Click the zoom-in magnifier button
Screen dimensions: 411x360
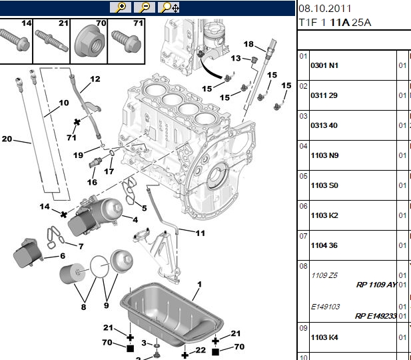pyautogui.click(x=121, y=7)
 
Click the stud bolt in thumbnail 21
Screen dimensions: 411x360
pyautogui.click(x=52, y=41)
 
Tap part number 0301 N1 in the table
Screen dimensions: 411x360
pyautogui.click(x=324, y=65)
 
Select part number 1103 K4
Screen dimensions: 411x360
pyautogui.click(x=324, y=337)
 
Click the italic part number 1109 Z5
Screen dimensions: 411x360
pyautogui.click(x=324, y=275)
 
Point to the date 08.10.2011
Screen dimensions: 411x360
pyautogui.click(x=325, y=9)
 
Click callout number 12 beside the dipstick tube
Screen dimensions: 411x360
pyautogui.click(x=95, y=79)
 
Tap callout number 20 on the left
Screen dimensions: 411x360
pyautogui.click(x=7, y=139)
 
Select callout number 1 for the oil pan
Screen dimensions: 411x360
pyautogui.click(x=199, y=284)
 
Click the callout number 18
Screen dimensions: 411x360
pyautogui.click(x=248, y=44)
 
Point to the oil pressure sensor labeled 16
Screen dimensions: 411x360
pyautogui.click(x=95, y=162)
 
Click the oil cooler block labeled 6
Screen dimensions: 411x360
pyautogui.click(x=28, y=253)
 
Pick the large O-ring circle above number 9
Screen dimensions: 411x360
pyautogui.click(x=90, y=267)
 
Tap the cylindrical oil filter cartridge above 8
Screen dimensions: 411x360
pyautogui.click(x=73, y=274)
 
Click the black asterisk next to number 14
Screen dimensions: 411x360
pyautogui.click(x=64, y=215)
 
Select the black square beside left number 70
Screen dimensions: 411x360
pyautogui.click(x=130, y=349)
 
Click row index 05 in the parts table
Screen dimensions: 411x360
pyautogui.click(x=303, y=176)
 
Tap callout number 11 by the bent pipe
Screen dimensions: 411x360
pyautogui.click(x=201, y=233)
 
